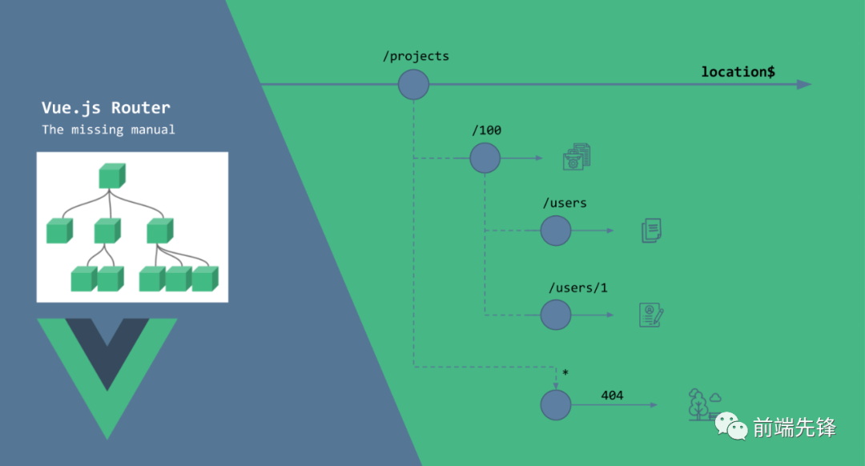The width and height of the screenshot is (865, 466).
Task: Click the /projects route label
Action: (x=416, y=56)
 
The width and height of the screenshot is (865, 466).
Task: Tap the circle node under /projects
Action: (x=414, y=84)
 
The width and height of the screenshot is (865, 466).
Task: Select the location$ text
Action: (x=738, y=72)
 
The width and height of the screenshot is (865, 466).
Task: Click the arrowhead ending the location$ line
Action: (x=804, y=84)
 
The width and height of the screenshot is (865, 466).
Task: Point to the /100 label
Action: (x=487, y=131)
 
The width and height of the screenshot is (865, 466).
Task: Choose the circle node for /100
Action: (x=485, y=159)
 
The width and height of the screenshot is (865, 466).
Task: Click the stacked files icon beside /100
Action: (x=577, y=157)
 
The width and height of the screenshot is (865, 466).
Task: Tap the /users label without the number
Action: (x=565, y=203)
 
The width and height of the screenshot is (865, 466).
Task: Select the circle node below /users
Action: (x=556, y=231)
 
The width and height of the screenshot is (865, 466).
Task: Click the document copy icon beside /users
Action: (x=651, y=231)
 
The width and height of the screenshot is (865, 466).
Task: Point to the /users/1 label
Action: (x=578, y=288)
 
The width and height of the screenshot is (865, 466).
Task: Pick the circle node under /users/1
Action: (x=556, y=315)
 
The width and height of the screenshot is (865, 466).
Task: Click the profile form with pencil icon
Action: (x=651, y=315)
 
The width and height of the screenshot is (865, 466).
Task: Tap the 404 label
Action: (x=612, y=396)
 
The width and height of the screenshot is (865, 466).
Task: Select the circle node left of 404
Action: (x=556, y=405)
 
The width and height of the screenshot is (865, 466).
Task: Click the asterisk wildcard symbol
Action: (x=565, y=373)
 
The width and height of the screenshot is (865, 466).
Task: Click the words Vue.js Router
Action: (x=106, y=107)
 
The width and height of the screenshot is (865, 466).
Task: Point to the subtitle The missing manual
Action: (x=108, y=130)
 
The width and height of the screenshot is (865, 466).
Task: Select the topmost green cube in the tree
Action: (x=112, y=176)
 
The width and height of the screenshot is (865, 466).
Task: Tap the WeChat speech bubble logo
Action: (x=731, y=426)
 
